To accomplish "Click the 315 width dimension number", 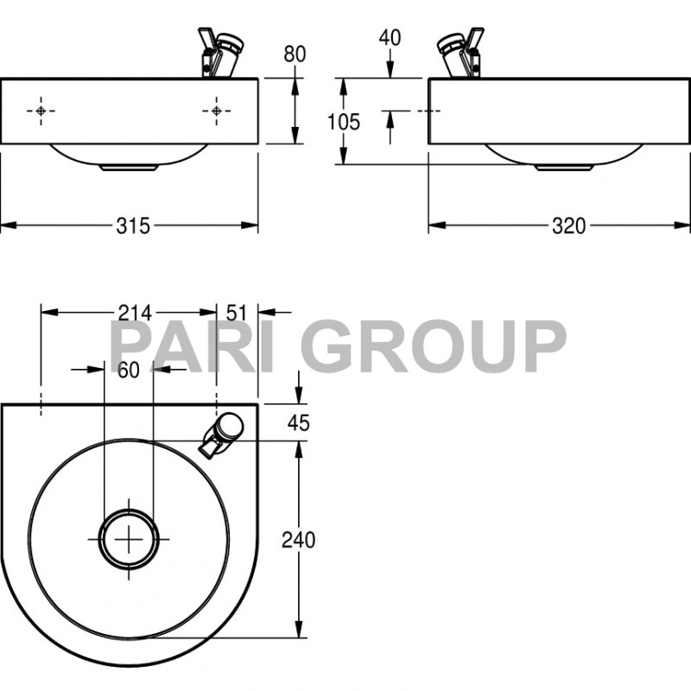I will (134, 226).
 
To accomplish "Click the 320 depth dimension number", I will (569, 226).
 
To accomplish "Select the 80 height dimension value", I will (295, 54).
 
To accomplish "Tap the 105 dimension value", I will (344, 122).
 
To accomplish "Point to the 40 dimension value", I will (390, 37).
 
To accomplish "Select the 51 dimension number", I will (236, 312).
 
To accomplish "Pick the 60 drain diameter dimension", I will (129, 370).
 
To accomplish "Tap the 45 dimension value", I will (298, 423).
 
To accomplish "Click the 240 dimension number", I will (299, 540).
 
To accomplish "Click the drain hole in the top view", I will (130, 539).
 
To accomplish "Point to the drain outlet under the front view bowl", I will (128, 168).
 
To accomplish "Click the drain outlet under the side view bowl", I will (561, 168).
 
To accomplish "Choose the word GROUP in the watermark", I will (436, 347).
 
